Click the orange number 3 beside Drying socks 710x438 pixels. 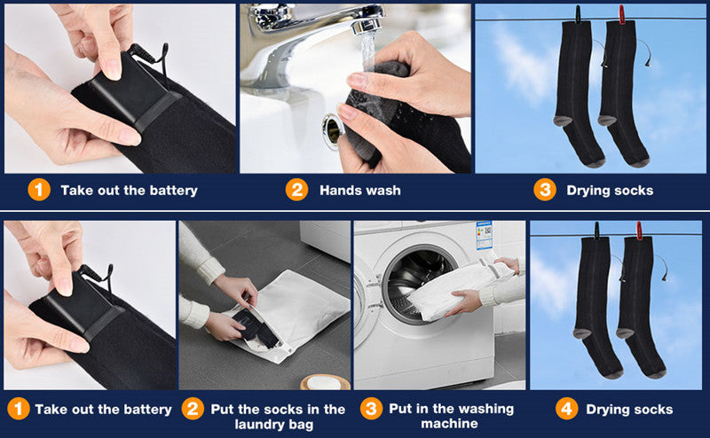(545, 190)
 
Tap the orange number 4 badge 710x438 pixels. (566, 409)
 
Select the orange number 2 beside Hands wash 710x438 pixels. (296, 190)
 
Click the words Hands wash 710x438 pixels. (360, 191)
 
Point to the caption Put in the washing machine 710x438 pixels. (451, 416)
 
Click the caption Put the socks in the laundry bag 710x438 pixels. (278, 417)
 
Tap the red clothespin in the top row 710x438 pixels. (620, 14)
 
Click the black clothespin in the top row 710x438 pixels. (579, 14)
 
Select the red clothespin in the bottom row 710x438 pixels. (639, 231)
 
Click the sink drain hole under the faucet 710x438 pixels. (333, 131)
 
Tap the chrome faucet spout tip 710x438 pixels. (367, 26)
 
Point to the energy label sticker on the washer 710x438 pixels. (484, 235)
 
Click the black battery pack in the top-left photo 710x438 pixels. (128, 87)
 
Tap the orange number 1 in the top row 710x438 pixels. (39, 190)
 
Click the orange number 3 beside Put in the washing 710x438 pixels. (371, 409)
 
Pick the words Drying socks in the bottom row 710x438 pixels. (629, 410)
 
